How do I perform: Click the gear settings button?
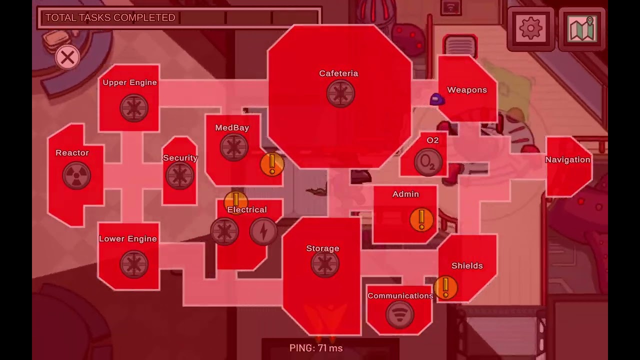click(530, 28)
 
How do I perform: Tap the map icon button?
click(581, 28)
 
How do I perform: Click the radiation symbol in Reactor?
click(76, 175)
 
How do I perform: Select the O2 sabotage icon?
click(428, 162)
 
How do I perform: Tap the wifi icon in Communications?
click(399, 314)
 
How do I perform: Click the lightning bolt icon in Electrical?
click(263, 231)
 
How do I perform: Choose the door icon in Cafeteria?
click(340, 93)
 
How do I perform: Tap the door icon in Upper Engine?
click(134, 108)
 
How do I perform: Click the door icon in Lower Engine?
click(134, 264)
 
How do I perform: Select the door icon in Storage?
click(325, 263)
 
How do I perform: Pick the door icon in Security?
click(180, 175)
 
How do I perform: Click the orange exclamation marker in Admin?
click(421, 219)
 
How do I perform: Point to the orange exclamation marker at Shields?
click(445, 287)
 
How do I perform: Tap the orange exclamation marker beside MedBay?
click(272, 164)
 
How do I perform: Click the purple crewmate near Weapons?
click(437, 99)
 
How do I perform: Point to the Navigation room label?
click(567, 159)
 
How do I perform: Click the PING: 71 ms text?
click(316, 348)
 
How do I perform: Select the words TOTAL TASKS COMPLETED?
click(110, 17)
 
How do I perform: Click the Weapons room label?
click(467, 90)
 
